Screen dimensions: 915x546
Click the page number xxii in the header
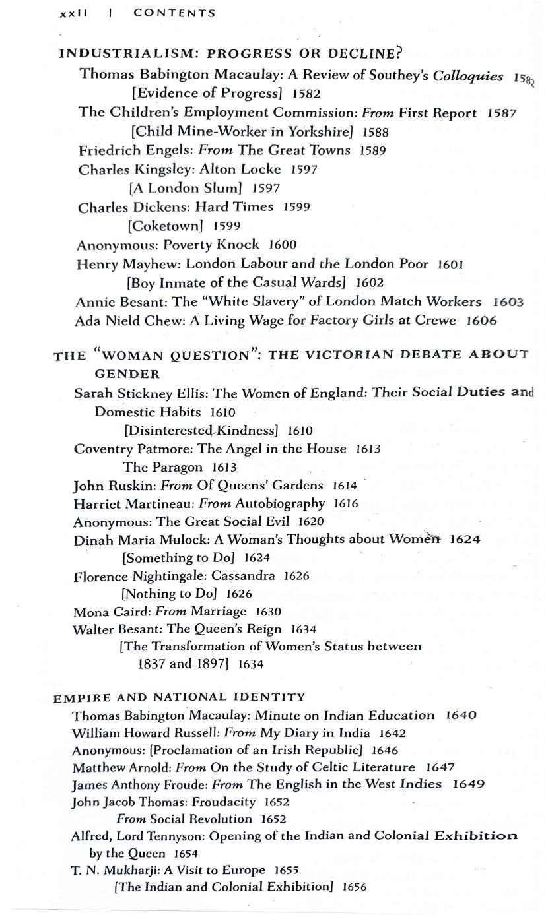tap(73, 13)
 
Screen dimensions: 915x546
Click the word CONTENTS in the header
tap(174, 13)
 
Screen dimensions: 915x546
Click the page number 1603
tap(508, 301)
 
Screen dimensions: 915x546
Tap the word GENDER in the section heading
tap(127, 374)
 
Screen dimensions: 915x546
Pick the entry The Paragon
tap(163, 467)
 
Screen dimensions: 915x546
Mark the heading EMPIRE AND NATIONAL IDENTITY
tap(180, 697)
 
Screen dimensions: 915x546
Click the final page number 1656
tap(354, 887)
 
